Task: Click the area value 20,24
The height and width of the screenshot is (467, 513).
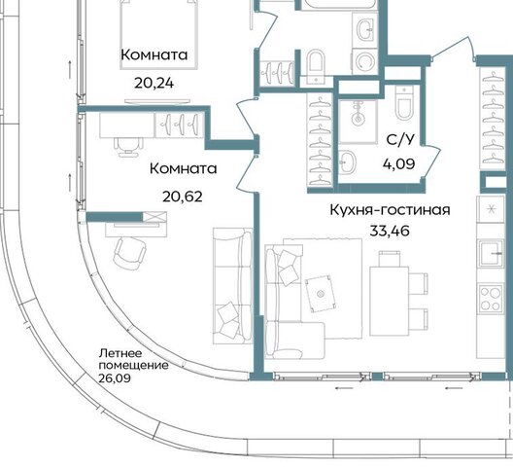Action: pos(154,84)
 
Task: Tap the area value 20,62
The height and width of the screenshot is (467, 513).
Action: pos(183,197)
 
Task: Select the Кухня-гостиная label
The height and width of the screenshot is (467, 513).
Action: pos(390,210)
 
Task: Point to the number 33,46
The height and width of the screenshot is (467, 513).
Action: pos(390,231)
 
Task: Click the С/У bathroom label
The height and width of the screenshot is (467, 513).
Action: pos(399,140)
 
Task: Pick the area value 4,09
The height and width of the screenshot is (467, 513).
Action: pos(399,163)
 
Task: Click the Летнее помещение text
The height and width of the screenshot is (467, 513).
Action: pos(133,359)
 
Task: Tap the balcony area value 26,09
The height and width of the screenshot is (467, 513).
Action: pos(115,377)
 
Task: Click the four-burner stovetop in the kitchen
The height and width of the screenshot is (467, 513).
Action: pos(491,299)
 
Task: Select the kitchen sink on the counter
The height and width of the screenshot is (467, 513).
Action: pos(491,253)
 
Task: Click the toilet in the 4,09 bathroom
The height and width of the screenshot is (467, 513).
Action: pos(404,103)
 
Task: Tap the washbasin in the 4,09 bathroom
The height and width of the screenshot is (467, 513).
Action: pos(347,162)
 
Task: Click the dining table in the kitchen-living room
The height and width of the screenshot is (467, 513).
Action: pos(390,301)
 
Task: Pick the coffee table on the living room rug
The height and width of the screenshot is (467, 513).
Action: pos(320,294)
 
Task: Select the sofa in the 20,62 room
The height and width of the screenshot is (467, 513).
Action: pos(233,286)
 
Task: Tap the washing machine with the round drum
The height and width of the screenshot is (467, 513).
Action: pos(364,61)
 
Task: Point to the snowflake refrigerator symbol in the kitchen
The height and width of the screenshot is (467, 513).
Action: pos(491,209)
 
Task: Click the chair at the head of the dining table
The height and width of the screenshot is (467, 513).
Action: pos(390,259)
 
